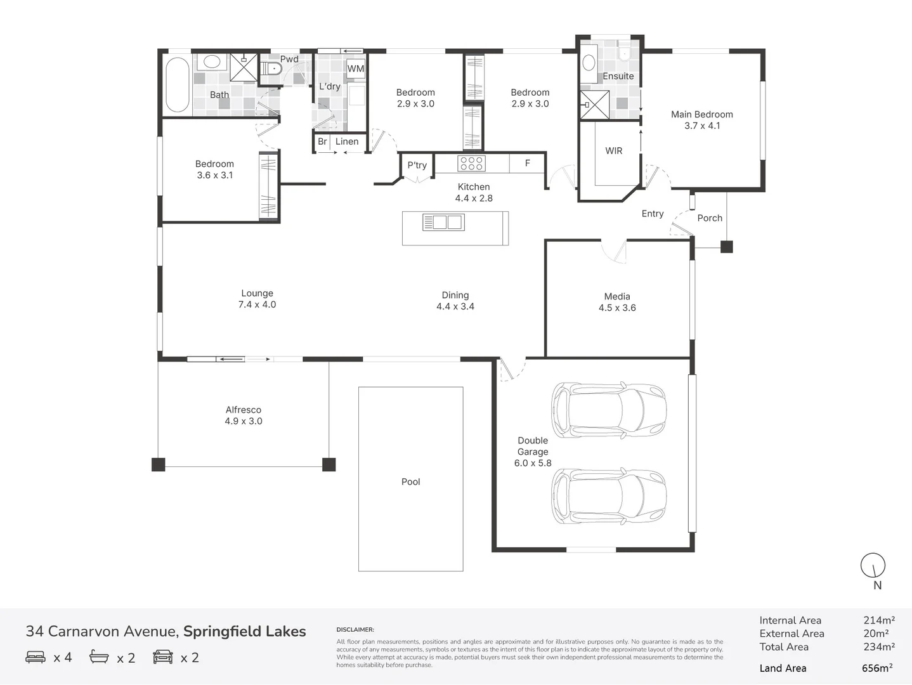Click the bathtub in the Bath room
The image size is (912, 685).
[178, 85]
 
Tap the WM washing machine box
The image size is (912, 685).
[356, 69]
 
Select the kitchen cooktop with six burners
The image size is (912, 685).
[472, 163]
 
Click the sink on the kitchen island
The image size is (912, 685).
[443, 222]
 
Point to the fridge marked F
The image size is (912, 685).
[527, 163]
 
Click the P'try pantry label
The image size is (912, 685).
[417, 166]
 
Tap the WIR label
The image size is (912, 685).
[614, 151]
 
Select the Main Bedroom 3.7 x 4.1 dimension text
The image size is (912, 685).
[702, 126]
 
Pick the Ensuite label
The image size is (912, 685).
[618, 76]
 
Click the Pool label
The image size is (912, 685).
[410, 482]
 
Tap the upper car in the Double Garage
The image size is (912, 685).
[609, 410]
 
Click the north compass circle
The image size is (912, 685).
[873, 565]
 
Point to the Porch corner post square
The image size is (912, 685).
[726, 247]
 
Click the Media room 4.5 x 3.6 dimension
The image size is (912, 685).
[617, 308]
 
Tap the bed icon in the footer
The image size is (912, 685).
[36, 657]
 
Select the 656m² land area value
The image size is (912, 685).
[877, 668]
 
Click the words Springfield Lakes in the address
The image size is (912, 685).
[245, 632]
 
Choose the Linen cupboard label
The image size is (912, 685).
[347, 141]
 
